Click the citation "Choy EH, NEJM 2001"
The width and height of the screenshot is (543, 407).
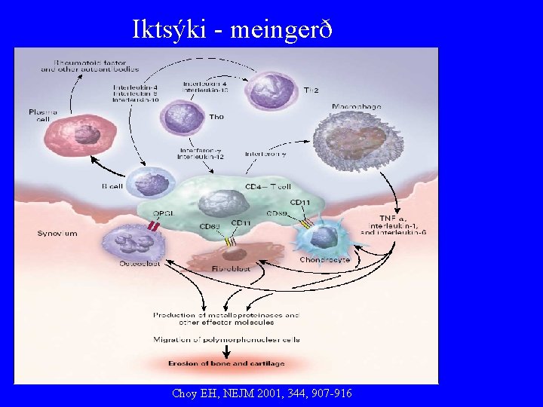tap(261, 393)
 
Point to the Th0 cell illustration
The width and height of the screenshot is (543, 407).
tap(180, 117)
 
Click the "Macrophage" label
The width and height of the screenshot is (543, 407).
tap(357, 107)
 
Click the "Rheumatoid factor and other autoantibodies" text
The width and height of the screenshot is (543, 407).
tap(89, 65)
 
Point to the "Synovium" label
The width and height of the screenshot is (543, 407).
tap(57, 234)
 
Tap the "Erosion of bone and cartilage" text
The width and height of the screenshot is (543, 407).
tap(226, 364)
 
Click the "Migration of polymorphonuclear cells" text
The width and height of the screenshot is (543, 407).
tap(226, 339)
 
